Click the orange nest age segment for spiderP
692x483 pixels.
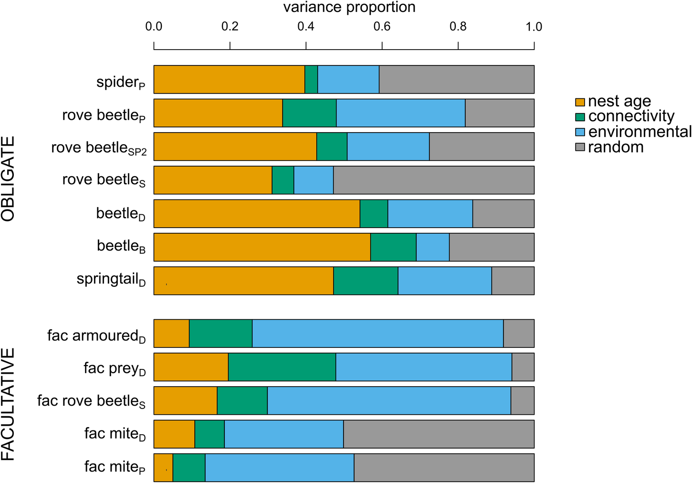tap(229, 79)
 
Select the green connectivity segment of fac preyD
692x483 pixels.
tap(282, 367)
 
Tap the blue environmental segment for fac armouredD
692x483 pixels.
tap(377, 333)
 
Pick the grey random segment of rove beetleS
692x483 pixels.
tap(433, 180)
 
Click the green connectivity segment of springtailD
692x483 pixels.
tap(366, 281)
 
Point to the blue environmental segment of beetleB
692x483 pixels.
tap(432, 247)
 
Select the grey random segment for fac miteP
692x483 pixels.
tap(444, 467)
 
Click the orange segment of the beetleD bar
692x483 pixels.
tap(256, 213)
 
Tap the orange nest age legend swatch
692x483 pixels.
tap(580, 102)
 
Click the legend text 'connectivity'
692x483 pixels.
tap(631, 116)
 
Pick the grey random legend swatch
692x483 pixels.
tap(580, 147)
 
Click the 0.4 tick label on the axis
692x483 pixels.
tap(305, 27)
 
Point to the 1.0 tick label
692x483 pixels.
tap(534, 27)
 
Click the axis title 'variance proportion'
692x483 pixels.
tap(349, 8)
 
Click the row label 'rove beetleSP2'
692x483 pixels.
tap(99, 148)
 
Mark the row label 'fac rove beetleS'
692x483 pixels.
tap(91, 401)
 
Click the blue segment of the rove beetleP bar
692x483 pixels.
tap(400, 113)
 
